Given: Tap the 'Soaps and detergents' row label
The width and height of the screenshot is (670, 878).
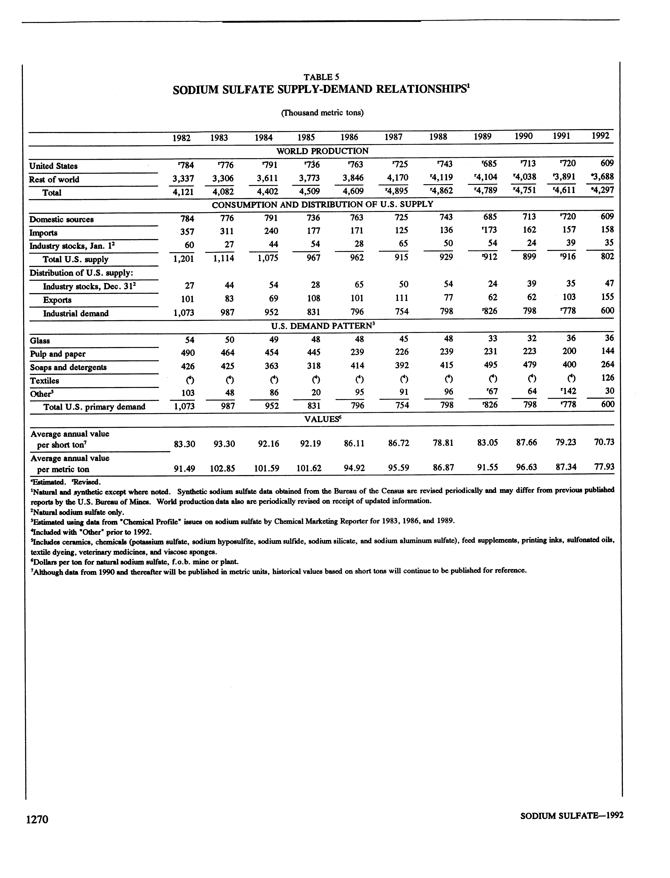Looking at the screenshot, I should click(68, 367).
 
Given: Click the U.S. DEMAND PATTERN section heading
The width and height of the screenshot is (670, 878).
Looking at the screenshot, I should click(322, 326).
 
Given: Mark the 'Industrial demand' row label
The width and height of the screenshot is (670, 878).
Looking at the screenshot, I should click(76, 313).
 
